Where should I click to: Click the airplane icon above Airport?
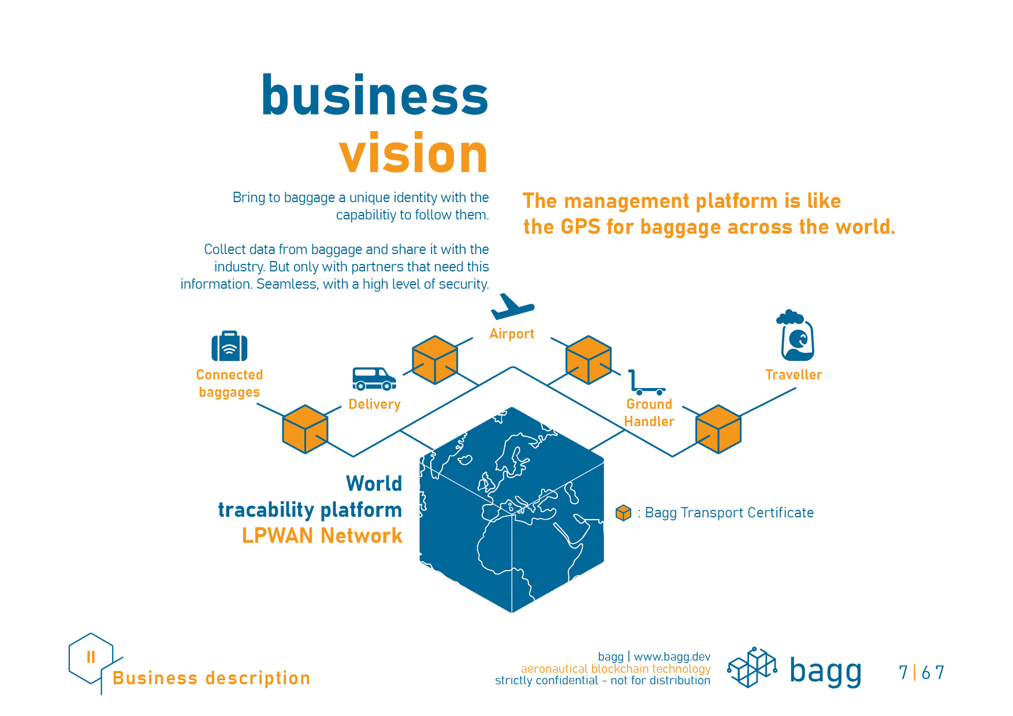coord(512,307)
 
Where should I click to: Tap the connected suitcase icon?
coord(229,346)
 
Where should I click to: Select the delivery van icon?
coord(374,379)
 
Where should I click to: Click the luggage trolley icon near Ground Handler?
coord(646,382)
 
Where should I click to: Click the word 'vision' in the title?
coord(414,154)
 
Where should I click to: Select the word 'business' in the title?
coord(375,95)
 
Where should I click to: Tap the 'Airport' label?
coord(512,334)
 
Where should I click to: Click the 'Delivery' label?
coord(374,404)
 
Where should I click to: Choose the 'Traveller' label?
coord(794,375)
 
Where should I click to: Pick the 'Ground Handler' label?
coord(649,413)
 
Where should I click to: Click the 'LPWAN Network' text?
coord(322,536)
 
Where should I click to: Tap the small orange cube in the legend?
coord(623,513)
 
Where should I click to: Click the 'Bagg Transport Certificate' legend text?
coord(729,513)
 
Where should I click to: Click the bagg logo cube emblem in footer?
coord(751,668)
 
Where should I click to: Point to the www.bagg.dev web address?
coord(672,657)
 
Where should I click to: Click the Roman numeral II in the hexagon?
coord(91,657)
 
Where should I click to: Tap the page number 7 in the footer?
coord(903,673)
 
